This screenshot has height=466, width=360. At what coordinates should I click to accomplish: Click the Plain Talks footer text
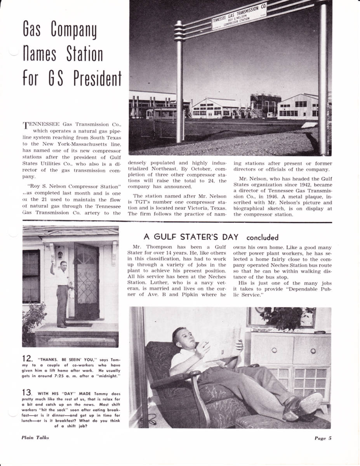35,437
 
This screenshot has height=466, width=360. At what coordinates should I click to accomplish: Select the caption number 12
27,359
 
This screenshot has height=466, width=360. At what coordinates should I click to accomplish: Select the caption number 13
27,393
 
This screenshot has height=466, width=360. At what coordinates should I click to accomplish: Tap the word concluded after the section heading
262,237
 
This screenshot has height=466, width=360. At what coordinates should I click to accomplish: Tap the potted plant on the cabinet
288,316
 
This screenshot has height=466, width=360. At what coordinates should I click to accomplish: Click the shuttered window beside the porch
31,276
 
